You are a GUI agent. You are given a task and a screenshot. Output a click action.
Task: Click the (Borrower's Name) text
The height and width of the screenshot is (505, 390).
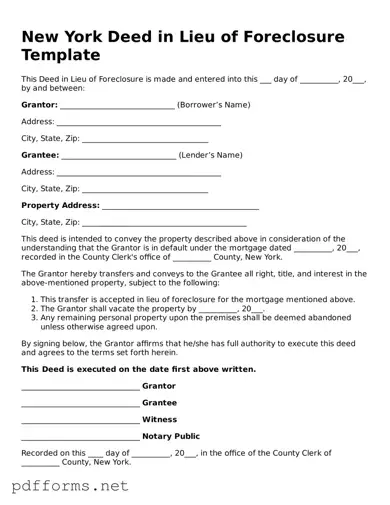click(x=213, y=104)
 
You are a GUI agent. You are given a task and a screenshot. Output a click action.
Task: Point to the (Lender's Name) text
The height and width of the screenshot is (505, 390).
click(x=210, y=155)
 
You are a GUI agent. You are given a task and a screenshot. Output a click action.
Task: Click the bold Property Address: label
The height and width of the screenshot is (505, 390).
click(x=60, y=205)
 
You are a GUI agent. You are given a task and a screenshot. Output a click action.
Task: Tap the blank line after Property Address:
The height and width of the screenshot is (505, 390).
click(x=180, y=207)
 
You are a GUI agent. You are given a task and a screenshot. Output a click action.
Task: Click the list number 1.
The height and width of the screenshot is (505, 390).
click(x=34, y=299)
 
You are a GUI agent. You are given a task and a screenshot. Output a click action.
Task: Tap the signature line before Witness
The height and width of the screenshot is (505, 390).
click(x=80, y=421)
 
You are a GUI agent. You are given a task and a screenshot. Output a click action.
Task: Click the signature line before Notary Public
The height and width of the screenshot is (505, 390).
click(x=80, y=438)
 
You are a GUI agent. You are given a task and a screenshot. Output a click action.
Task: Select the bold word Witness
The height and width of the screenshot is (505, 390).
click(x=160, y=419)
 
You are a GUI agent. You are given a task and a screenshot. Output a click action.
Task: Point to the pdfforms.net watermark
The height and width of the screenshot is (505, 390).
click(x=70, y=486)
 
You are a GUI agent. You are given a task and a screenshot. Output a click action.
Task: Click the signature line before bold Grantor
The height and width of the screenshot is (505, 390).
click(x=80, y=387)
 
